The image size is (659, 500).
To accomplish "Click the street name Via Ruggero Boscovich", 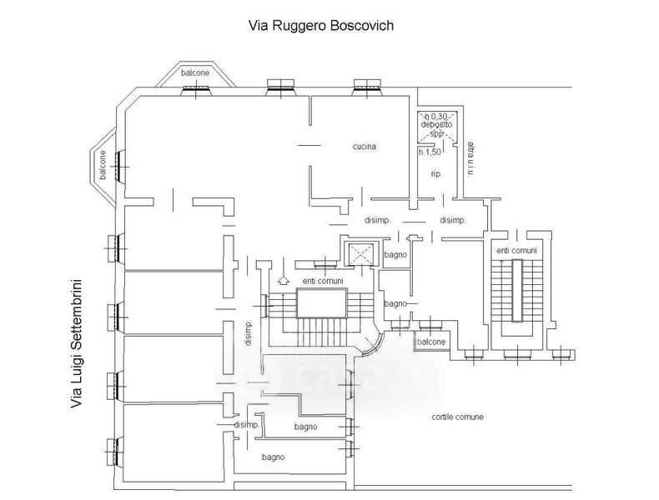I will pyautogui.click(x=321, y=25).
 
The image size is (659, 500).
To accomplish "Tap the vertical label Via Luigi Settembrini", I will pyautogui.click(x=79, y=342).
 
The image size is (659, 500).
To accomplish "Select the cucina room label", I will pyautogui.click(x=364, y=147).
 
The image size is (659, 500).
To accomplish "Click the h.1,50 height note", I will pyautogui.click(x=430, y=152).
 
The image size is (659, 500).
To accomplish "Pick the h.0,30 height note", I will pyautogui.click(x=436, y=116).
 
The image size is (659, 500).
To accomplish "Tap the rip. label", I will pyautogui.click(x=435, y=174).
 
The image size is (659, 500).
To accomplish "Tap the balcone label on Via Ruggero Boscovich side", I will pyautogui.click(x=196, y=73).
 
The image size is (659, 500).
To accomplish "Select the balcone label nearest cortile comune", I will pyautogui.click(x=431, y=342).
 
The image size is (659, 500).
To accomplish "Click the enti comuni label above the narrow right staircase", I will pyautogui.click(x=516, y=250).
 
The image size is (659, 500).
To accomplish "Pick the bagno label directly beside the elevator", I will pyautogui.click(x=395, y=255).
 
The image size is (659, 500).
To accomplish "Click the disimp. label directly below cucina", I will pyautogui.click(x=378, y=221).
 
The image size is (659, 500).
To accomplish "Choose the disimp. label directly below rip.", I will pyautogui.click(x=451, y=221).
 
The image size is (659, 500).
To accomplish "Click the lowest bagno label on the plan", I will pyautogui.click(x=273, y=457).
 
